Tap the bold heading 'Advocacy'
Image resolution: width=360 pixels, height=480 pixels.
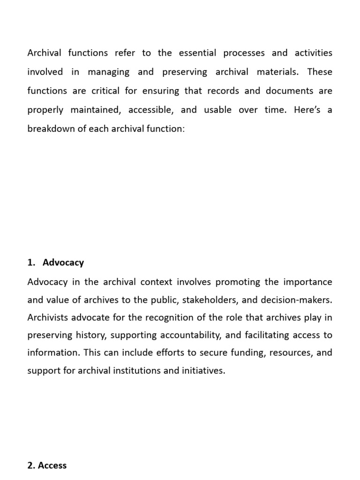[63, 262]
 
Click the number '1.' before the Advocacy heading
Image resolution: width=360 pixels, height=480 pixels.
[31, 262]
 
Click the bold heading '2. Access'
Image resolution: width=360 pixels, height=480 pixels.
[47, 465]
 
